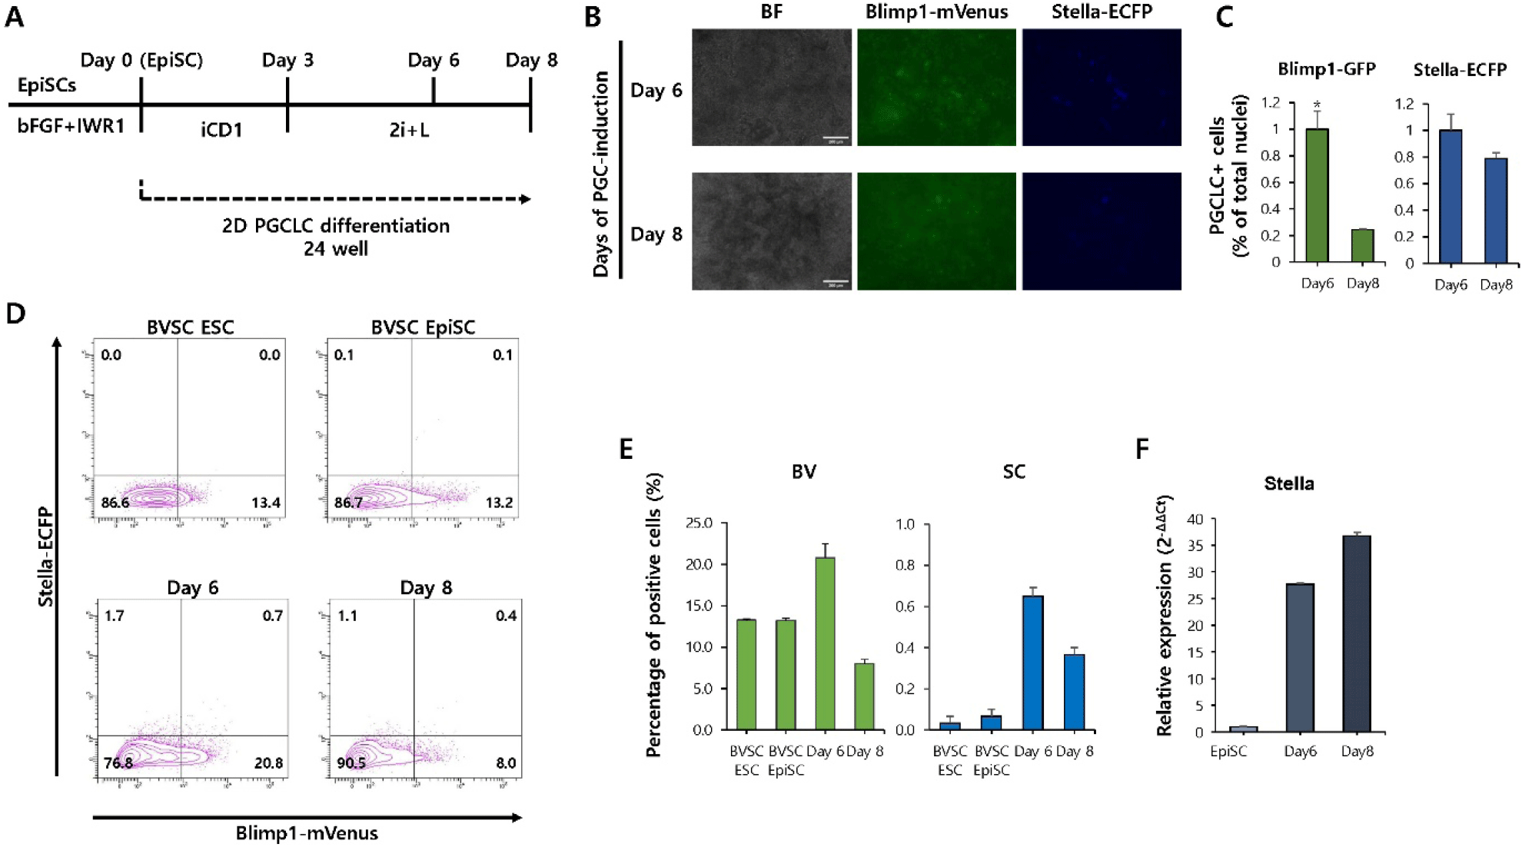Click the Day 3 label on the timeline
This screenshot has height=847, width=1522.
click(x=287, y=60)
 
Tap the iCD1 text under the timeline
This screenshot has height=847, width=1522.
click(x=221, y=130)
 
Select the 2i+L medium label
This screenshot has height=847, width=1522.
click(x=409, y=130)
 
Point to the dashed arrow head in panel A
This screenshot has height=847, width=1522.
click(x=526, y=199)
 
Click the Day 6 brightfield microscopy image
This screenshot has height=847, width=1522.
click(x=771, y=88)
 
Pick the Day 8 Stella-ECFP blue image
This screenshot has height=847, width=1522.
click(x=1101, y=231)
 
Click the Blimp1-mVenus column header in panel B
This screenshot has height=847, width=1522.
click(x=936, y=12)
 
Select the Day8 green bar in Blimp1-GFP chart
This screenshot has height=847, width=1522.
click(x=1362, y=245)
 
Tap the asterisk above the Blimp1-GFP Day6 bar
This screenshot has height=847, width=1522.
click(x=1317, y=105)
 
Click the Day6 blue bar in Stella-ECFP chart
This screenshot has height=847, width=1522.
click(x=1451, y=197)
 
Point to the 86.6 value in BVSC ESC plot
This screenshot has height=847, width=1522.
click(x=115, y=503)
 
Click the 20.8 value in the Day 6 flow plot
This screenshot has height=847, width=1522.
click(x=268, y=762)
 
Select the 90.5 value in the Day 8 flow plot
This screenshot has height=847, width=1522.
click(x=351, y=762)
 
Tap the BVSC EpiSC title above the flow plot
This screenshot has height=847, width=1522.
click(x=423, y=327)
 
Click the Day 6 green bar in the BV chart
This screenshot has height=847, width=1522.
click(x=825, y=643)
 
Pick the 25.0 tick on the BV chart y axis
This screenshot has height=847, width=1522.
click(x=699, y=523)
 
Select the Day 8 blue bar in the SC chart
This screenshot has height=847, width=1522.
click(x=1074, y=692)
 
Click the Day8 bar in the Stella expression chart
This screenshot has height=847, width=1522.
click(x=1357, y=633)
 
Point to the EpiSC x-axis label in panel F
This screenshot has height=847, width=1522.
click(x=1228, y=751)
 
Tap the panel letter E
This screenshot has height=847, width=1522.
click(x=626, y=449)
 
